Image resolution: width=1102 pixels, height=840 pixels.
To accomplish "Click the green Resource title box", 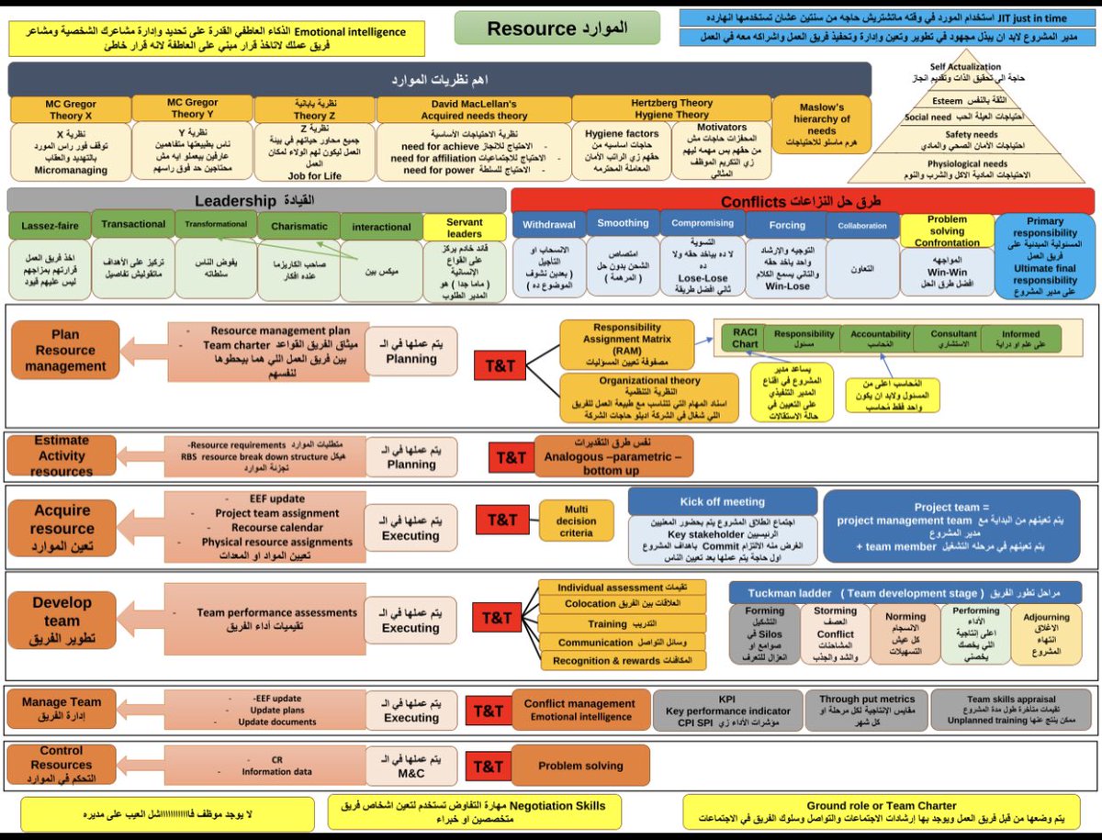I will point(557,28).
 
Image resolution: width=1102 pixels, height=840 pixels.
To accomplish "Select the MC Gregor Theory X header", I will point(70,108).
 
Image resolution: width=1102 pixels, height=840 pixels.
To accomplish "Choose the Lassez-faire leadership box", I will point(50,226).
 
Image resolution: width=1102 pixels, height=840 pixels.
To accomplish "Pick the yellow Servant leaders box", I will point(465,228).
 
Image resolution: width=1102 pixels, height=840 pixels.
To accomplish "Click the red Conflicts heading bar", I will point(801,201).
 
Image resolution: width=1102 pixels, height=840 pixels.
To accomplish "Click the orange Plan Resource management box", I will point(66,350).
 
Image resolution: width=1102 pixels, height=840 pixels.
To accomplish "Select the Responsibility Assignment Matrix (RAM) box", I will point(627,343).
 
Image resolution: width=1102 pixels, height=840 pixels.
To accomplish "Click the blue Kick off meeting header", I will point(722,501).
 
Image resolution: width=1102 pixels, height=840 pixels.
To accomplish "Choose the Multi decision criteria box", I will point(576,521).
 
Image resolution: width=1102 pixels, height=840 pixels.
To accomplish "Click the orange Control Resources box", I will point(61,764).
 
